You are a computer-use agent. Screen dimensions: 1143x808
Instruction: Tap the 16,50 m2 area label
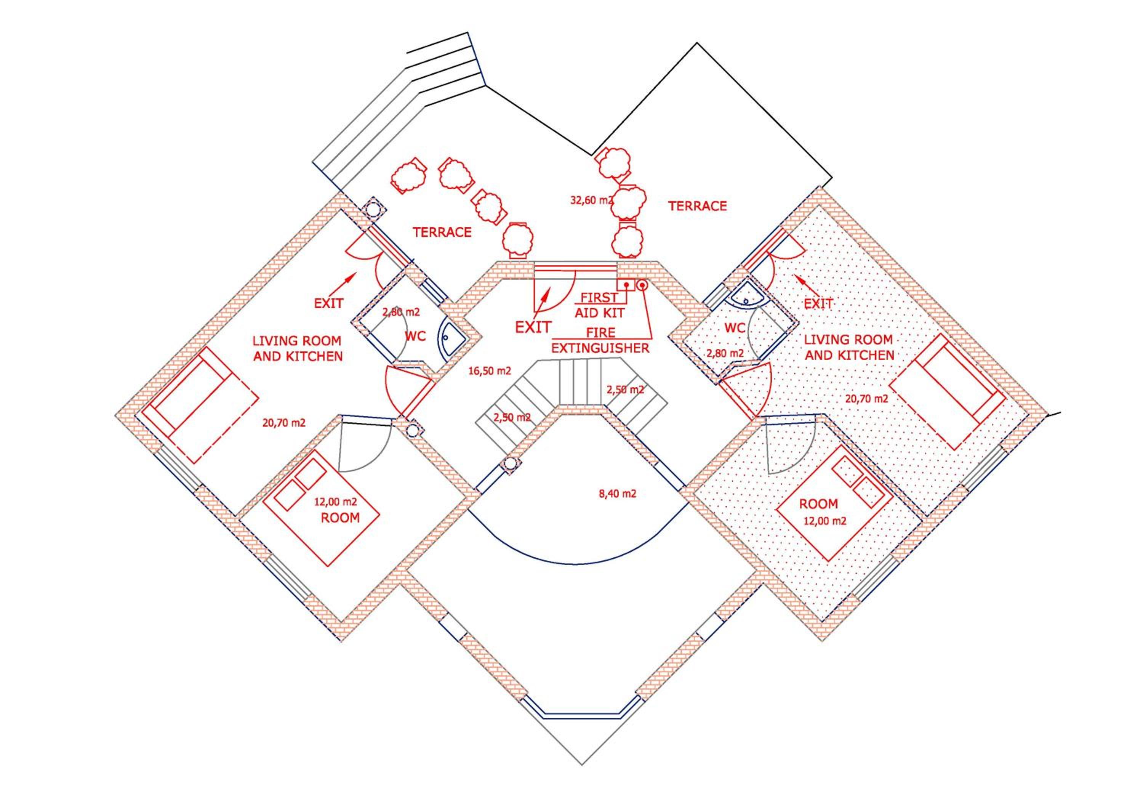[x=490, y=371]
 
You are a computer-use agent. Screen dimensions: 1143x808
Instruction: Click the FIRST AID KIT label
[x=599, y=305]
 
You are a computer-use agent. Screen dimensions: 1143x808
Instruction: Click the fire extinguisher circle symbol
[x=642, y=285]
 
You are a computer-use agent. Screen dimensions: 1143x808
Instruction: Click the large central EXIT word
[x=533, y=327]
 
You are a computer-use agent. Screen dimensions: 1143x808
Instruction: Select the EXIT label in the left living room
[x=328, y=303]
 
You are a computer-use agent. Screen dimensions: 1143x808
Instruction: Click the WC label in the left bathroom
[x=415, y=336]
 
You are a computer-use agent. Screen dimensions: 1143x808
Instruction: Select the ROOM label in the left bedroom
[x=340, y=518]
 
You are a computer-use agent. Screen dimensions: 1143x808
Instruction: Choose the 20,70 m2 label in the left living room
[x=284, y=423]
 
